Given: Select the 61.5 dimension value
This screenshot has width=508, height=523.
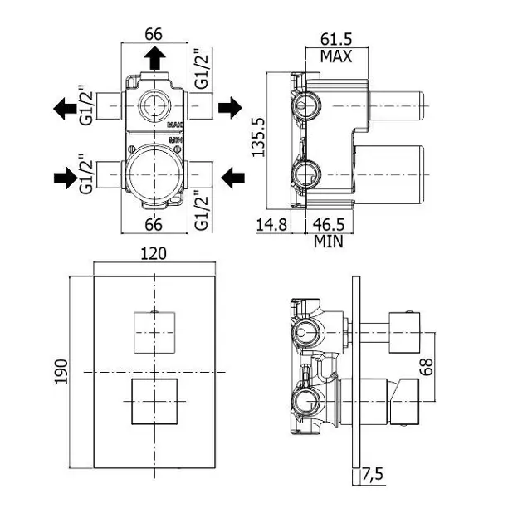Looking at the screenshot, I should coord(335,40).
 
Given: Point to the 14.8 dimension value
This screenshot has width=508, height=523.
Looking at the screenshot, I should coord(271,226).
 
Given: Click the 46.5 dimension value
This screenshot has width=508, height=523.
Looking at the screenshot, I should coord(329,226).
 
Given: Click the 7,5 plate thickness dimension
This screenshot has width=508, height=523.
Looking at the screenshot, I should coord(373,474).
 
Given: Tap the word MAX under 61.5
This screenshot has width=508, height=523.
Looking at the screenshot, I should coord(336,56).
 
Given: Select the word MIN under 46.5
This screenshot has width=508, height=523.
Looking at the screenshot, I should coord(329,242).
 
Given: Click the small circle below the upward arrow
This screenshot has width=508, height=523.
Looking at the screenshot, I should coord(154,105).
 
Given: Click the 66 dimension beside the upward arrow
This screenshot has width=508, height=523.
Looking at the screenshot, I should coord(154,34).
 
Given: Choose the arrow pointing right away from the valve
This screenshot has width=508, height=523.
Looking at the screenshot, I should coord(230,106).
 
